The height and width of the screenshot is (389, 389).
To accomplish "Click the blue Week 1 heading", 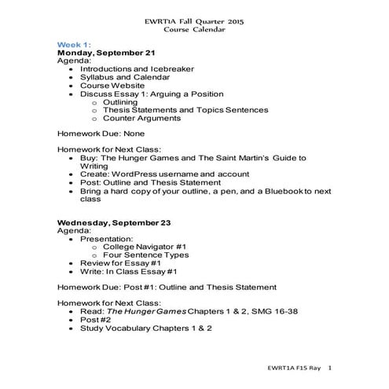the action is point(74,45).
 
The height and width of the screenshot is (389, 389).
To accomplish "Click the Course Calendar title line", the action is point(193,29).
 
